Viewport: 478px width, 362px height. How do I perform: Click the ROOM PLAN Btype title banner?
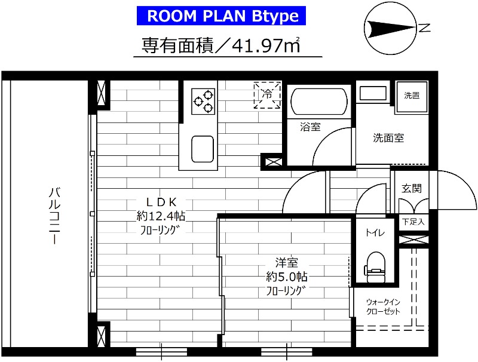click(223, 16)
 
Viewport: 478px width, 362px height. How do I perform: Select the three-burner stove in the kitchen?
click(203, 100)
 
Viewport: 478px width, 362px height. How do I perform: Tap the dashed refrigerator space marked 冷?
click(267, 95)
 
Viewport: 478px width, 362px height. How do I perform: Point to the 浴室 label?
click(310, 127)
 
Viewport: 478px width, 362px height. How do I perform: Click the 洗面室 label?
click(388, 138)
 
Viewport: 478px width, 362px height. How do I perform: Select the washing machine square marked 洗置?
click(412, 96)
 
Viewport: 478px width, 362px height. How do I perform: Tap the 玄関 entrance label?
click(412, 188)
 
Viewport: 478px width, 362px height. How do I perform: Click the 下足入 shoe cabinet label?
click(413, 221)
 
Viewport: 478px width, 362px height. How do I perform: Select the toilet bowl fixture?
click(375, 263)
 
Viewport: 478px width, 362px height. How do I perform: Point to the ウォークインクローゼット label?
click(384, 306)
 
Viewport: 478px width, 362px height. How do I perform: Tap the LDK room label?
click(158, 201)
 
